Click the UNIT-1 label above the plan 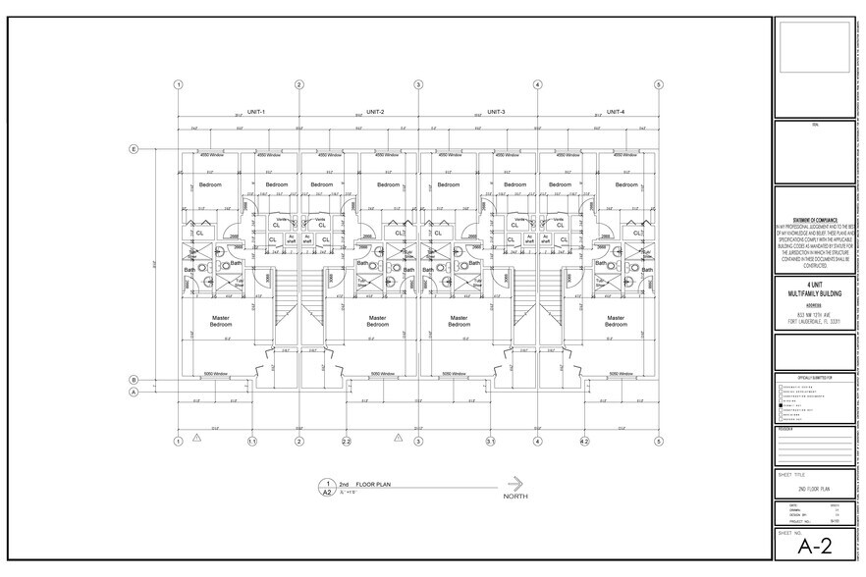(x=256, y=112)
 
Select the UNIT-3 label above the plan (x=496, y=112)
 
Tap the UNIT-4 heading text (x=616, y=112)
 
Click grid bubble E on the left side (x=134, y=149)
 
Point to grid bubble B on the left (x=134, y=380)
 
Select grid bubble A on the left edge (x=134, y=393)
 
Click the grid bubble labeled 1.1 (x=252, y=442)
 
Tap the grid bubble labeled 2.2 (x=346, y=442)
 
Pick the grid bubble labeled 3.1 (x=490, y=442)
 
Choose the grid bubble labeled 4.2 (x=583, y=442)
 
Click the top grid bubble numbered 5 (x=658, y=84)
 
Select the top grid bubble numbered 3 (x=418, y=84)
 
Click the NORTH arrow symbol (x=515, y=484)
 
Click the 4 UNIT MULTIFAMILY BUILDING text (x=816, y=288)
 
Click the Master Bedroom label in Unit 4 (x=615, y=320)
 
